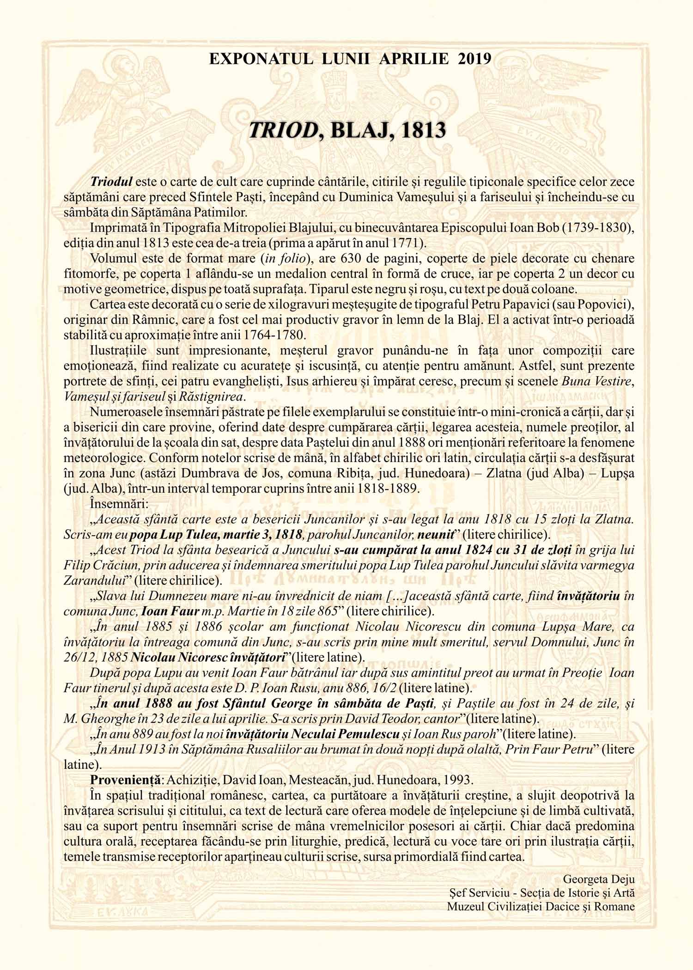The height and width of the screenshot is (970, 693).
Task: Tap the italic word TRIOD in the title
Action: tap(281, 131)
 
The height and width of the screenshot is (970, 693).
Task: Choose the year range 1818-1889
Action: tap(379, 488)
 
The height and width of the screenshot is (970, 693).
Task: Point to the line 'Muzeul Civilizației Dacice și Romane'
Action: tap(541, 907)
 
